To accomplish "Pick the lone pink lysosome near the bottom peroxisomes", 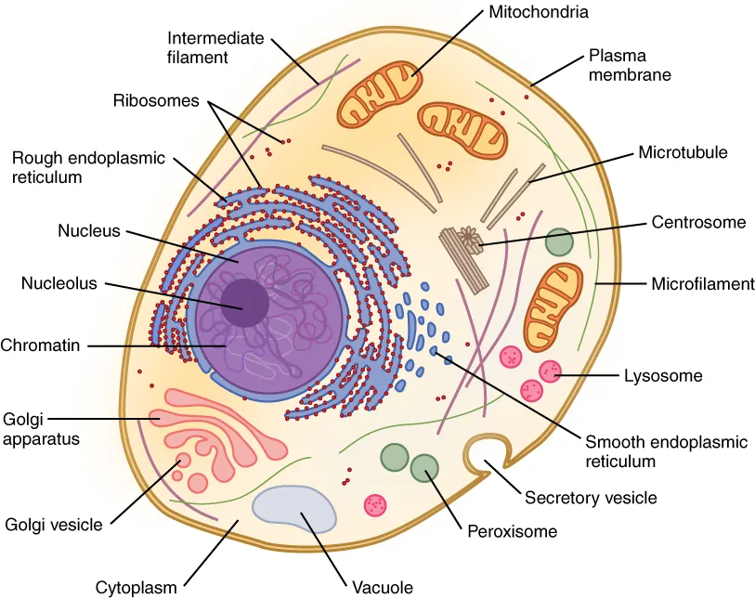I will pyautogui.click(x=375, y=504).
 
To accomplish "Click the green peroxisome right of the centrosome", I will pyautogui.click(x=559, y=242).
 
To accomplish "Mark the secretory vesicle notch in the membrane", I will pyautogui.click(x=484, y=453).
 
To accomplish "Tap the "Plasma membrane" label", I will pyautogui.click(x=630, y=66).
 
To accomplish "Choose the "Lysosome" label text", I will pyautogui.click(x=662, y=376).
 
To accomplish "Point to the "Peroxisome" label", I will pyautogui.click(x=512, y=532).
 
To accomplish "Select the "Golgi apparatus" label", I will pyautogui.click(x=40, y=428).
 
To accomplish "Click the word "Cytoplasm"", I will pyautogui.click(x=137, y=588).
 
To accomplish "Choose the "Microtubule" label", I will pyautogui.click(x=683, y=152).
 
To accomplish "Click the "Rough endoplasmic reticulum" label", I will pyautogui.click(x=88, y=168).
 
